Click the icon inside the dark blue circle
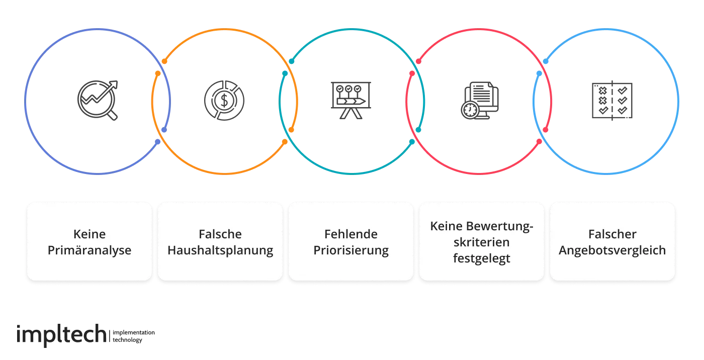[99, 101]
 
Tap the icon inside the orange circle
[223, 101]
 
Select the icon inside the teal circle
[352, 101]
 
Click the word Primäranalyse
[90, 250]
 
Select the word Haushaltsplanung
[220, 250]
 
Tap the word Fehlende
[351, 234]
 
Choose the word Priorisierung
[351, 250]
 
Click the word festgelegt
[481, 258]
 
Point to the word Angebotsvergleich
[612, 250]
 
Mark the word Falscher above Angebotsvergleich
[612, 234]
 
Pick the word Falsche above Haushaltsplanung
[220, 234]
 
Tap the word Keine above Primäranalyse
[90, 234]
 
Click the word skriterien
[481, 242]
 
